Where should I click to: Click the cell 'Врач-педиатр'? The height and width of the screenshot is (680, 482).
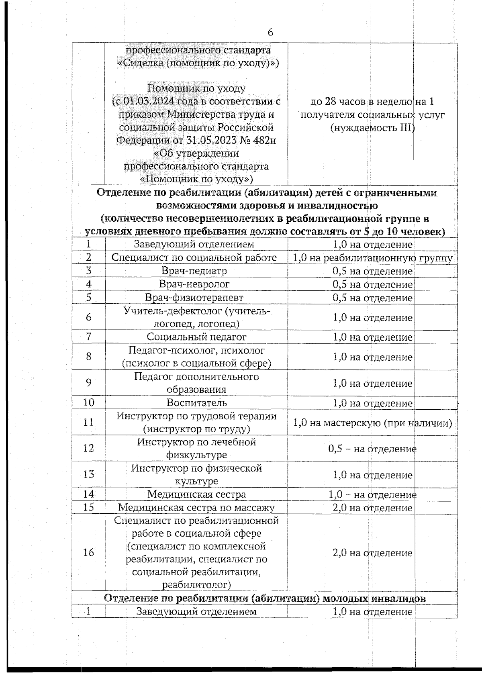point(194,271)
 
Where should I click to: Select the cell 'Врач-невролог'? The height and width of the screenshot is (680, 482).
point(194,284)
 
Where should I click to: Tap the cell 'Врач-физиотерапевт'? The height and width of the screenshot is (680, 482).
point(194,298)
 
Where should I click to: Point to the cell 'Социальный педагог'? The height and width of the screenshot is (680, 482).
point(196,337)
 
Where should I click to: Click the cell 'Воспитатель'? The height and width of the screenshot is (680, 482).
point(197,403)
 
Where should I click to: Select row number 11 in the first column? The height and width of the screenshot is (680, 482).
point(88,422)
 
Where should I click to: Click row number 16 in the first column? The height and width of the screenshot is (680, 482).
point(88,553)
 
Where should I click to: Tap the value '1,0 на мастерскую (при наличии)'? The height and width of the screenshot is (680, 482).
point(372,423)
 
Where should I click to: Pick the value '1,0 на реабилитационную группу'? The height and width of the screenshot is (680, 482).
point(372,258)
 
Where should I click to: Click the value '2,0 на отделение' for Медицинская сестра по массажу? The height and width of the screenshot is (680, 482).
point(372,508)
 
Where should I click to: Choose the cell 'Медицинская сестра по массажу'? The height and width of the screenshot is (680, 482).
point(196,508)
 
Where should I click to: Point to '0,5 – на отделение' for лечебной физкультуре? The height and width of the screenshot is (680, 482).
point(372,449)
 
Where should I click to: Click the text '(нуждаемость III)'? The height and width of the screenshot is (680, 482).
point(372,128)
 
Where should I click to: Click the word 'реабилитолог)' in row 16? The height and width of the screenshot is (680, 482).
point(196,584)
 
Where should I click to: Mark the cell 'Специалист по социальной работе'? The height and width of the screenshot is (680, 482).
point(194,258)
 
